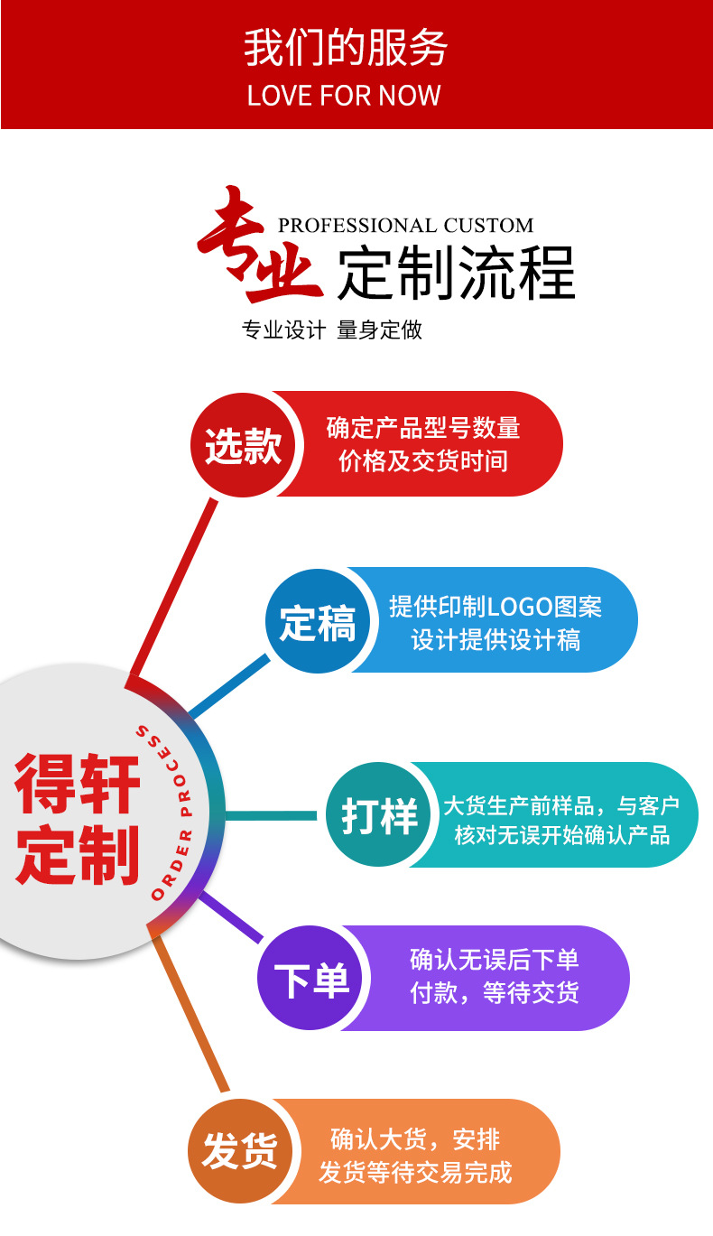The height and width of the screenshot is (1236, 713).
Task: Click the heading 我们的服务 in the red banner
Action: click(345, 49)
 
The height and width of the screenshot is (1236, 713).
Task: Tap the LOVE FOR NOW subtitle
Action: click(344, 96)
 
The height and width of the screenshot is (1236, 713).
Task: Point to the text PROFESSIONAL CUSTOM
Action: click(405, 226)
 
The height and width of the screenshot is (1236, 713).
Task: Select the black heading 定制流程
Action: click(456, 272)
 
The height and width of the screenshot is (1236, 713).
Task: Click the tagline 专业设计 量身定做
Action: click(331, 330)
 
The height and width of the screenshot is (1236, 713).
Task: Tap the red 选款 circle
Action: click(242, 445)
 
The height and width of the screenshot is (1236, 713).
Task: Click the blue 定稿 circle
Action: click(317, 621)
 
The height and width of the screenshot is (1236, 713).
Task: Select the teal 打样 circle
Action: click(378, 815)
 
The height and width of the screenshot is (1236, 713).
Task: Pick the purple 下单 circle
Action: click(310, 979)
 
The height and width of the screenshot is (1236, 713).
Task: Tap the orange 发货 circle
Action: click(240, 1151)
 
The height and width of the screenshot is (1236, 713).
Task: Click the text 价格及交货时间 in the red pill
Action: click(423, 461)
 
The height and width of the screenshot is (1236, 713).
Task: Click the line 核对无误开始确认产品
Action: click(561, 835)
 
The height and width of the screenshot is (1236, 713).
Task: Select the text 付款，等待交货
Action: click(494, 993)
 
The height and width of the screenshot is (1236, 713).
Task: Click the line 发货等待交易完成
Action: click(415, 1172)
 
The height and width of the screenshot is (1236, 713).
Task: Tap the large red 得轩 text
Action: click(79, 784)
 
